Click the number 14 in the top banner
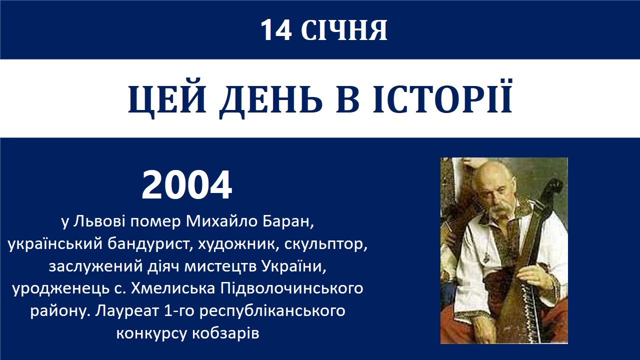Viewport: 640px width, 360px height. (x=276, y=30)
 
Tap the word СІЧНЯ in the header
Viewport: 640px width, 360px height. (x=344, y=30)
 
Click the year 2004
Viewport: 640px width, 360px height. (x=186, y=185)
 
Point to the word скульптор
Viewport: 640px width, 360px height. (x=325, y=245)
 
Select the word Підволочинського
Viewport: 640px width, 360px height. (x=291, y=289)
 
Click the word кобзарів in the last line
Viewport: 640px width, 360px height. (x=225, y=333)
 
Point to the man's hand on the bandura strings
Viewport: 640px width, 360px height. (x=532, y=275)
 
